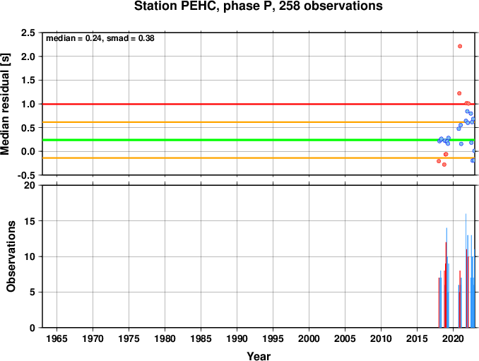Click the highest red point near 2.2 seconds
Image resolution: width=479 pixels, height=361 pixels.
point(460,46)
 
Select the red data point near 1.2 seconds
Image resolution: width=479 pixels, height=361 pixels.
point(459,93)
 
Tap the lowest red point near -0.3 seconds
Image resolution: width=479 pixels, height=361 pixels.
point(444,165)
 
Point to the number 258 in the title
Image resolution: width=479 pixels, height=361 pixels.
point(289,6)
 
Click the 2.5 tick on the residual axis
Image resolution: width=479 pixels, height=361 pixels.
point(28,32)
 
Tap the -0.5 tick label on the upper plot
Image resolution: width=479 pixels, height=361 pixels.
point(26,175)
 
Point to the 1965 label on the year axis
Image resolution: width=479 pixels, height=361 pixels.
point(57,338)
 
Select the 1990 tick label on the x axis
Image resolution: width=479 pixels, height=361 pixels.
point(237,338)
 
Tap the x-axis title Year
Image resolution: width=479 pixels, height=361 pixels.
point(259,356)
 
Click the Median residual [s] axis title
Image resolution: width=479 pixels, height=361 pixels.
point(5,104)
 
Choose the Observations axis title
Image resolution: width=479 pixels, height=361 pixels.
point(11,256)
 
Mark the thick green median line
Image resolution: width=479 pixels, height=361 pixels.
point(259,140)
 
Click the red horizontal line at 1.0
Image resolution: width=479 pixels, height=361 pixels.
point(259,104)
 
